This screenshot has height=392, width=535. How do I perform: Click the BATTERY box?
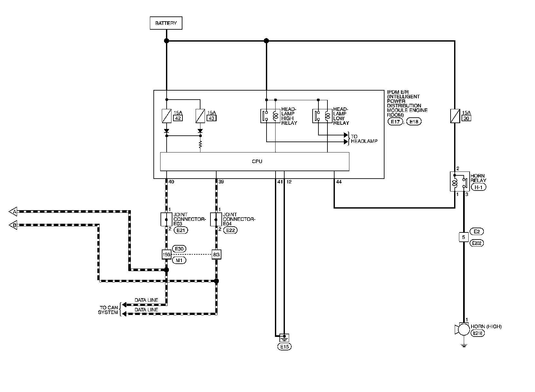coord(166,23)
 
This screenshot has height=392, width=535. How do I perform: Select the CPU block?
coord(255,161)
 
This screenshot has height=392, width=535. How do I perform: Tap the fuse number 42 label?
coord(178,118)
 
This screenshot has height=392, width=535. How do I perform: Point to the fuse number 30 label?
coord(467,118)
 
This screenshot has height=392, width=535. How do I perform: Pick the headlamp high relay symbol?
coord(270,116)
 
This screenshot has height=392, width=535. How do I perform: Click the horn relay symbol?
coord(459,181)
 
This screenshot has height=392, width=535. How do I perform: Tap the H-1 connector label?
coord(478,187)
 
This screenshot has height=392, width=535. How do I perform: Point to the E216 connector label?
coord(478,333)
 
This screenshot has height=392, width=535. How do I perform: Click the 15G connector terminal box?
coord(166,255)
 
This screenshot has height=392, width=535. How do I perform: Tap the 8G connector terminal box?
coord(216,255)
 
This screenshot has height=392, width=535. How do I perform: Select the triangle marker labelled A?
coord(13,211)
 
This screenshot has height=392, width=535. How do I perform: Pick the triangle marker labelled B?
coord(13,225)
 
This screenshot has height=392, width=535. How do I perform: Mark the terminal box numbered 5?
coord(463,238)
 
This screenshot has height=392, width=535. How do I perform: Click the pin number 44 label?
coord(339,182)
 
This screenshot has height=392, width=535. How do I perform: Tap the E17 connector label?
coord(395,122)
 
